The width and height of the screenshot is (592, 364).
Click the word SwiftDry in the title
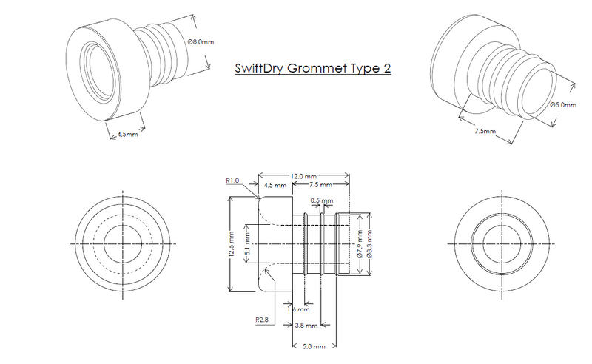260,69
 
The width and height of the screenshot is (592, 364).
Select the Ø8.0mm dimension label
203,42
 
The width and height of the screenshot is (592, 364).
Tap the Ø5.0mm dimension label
565,104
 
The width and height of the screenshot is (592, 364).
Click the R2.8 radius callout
261,320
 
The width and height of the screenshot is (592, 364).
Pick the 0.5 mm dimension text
322,200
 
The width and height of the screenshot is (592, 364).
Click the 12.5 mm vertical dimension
232,242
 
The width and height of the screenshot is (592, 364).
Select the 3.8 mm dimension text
304,325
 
